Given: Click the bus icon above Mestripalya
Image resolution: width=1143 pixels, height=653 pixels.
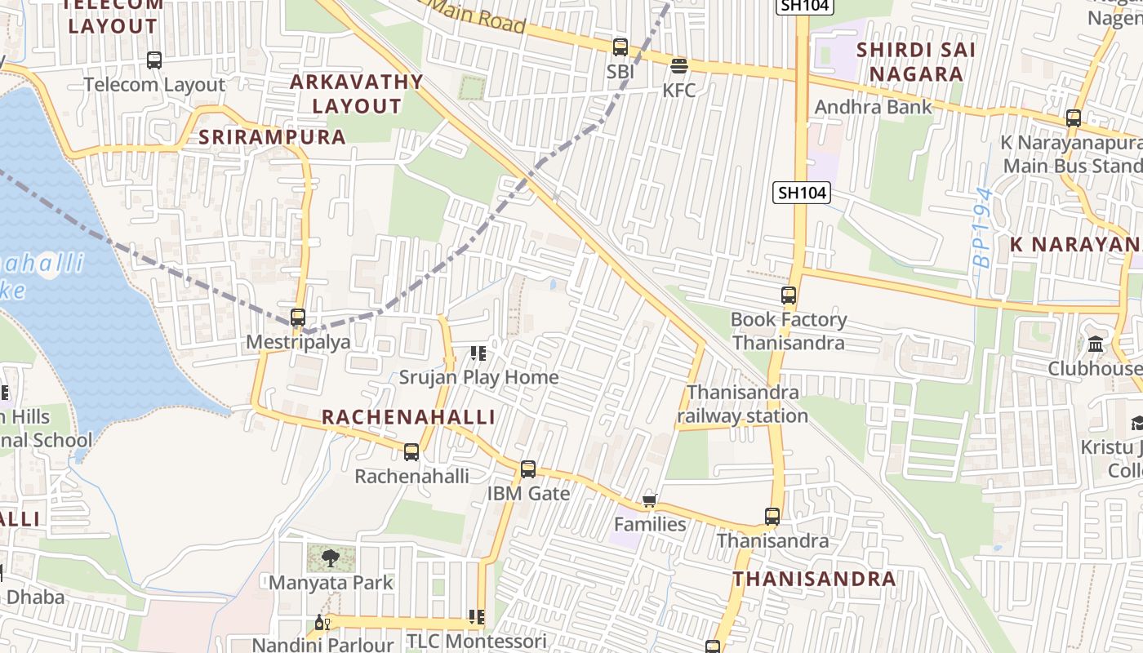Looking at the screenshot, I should [298, 318].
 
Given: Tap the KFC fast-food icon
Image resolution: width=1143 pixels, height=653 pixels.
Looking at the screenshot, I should [679, 65].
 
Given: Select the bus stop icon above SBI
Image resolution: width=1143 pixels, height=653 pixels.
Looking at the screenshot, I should [620, 47].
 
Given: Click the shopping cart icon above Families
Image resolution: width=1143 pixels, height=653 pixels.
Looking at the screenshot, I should [650, 500].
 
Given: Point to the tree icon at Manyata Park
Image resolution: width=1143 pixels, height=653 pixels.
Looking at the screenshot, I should [331, 558].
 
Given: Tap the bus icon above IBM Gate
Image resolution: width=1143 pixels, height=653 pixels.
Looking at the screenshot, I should [528, 469].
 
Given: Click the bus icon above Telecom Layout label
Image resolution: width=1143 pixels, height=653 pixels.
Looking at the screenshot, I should [154, 60].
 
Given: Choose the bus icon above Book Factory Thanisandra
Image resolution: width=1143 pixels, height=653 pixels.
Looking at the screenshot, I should [789, 295].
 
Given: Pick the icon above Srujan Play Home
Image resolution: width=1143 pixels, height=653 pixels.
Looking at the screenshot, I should [478, 353].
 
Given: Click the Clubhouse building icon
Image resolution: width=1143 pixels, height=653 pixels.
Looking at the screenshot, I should [1096, 344].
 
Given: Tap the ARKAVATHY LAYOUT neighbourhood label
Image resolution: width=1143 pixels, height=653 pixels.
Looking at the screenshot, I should [357, 94].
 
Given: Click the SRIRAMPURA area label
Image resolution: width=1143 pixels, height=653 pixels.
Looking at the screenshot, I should [273, 137].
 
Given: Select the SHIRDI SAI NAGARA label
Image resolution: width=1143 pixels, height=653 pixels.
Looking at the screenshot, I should [915, 62].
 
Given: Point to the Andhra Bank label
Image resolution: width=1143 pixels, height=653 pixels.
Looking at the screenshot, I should [873, 107].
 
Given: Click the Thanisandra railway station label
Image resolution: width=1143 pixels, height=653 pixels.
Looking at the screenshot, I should [742, 404].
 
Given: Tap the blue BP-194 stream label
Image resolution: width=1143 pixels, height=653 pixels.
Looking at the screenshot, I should [983, 228].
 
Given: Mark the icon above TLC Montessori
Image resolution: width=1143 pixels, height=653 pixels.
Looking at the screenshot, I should [477, 617].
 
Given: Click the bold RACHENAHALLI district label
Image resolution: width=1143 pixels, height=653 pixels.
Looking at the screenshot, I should [408, 417].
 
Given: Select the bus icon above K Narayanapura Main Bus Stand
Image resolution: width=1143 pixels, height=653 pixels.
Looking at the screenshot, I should [1074, 118].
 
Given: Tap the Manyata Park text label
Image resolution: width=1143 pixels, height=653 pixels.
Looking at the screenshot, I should [331, 583].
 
